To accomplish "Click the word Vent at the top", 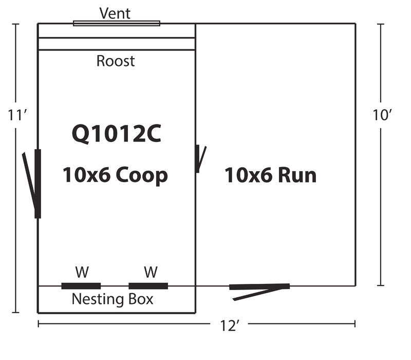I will tap(115, 13).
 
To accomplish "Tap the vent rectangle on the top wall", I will tap(117, 23).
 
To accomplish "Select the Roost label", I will tap(116, 61).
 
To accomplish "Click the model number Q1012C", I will tap(116, 134).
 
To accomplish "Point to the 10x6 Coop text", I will tap(115, 175).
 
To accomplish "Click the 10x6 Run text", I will tap(270, 175).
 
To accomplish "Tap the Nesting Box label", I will tap(113, 299).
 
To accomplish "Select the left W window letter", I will tap(81, 272).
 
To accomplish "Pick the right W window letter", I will tap(150, 272).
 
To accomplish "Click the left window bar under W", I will tap(81, 286).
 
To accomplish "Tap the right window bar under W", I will tap(148, 286).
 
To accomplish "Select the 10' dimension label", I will tap(382, 115).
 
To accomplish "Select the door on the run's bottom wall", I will tap(259, 288).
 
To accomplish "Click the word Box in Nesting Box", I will tap(141, 299).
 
